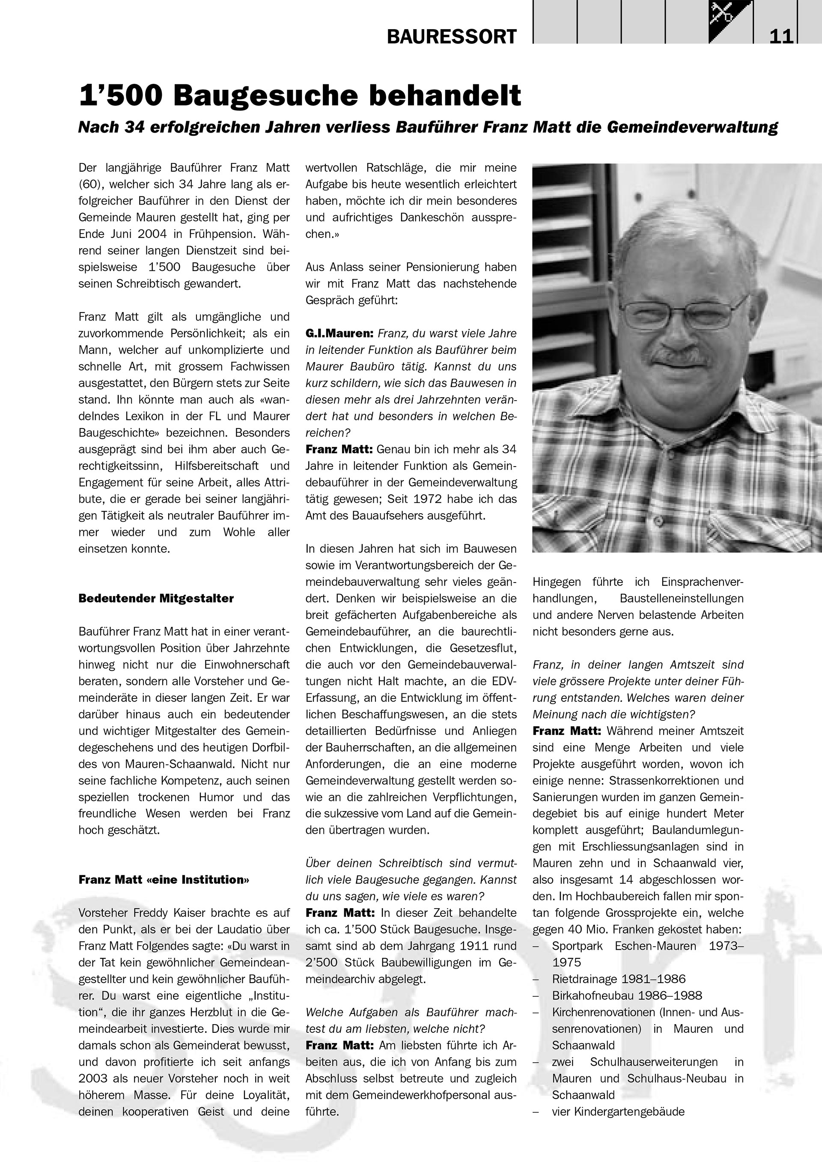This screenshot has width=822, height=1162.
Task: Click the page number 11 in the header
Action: coord(781,36)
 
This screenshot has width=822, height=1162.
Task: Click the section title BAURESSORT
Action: coord(452,36)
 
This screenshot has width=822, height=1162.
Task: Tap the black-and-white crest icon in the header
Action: coord(730,22)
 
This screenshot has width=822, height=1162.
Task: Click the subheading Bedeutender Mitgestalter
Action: coord(156,599)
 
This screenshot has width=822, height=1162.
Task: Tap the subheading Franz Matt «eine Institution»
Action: coord(164,880)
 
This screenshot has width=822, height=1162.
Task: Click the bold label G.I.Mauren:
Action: coord(339,333)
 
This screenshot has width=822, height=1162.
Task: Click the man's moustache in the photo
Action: coord(681,357)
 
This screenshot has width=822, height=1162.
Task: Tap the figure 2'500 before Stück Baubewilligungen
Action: coord(323,963)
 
